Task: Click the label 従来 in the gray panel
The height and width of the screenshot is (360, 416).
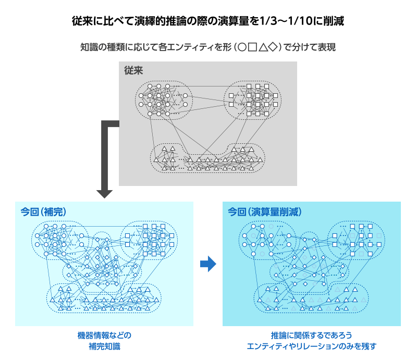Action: [x=133, y=70]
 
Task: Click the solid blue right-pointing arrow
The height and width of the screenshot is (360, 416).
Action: [x=208, y=264]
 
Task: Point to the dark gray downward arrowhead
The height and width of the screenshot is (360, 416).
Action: [x=104, y=193]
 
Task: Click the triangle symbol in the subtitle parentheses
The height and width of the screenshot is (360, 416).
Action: [x=263, y=47]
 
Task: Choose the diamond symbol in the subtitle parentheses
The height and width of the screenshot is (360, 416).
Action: [x=274, y=47]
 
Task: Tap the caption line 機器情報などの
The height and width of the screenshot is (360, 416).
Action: [x=104, y=335]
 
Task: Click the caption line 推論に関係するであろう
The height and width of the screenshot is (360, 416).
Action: [x=311, y=335]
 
